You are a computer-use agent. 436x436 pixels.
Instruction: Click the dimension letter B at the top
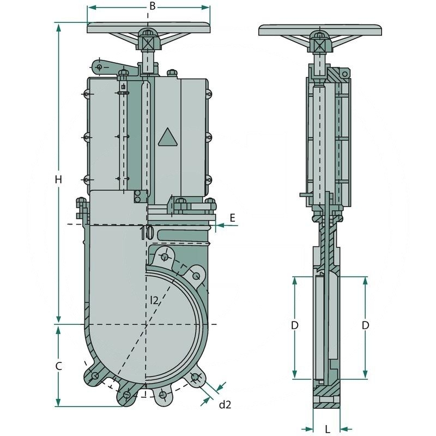click(153, 6)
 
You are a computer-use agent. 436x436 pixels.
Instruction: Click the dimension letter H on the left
click(59, 179)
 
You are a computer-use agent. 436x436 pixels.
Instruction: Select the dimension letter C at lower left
click(59, 366)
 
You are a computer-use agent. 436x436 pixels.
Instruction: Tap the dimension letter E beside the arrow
click(232, 217)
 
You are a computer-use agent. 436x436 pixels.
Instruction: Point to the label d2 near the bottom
click(225, 404)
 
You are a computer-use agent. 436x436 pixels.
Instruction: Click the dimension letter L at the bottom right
click(328, 429)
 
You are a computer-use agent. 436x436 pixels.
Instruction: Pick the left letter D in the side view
click(294, 325)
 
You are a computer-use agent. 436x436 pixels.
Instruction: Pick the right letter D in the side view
click(366, 325)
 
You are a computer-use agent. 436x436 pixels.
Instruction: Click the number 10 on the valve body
click(146, 233)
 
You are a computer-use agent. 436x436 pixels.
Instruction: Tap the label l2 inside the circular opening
click(154, 299)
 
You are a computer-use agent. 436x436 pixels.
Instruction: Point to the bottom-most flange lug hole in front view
click(127, 395)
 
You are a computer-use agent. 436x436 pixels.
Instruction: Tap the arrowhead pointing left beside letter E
click(218, 225)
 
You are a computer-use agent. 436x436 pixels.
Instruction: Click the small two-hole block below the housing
click(141, 197)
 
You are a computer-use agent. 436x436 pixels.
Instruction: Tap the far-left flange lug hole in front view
click(95, 376)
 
